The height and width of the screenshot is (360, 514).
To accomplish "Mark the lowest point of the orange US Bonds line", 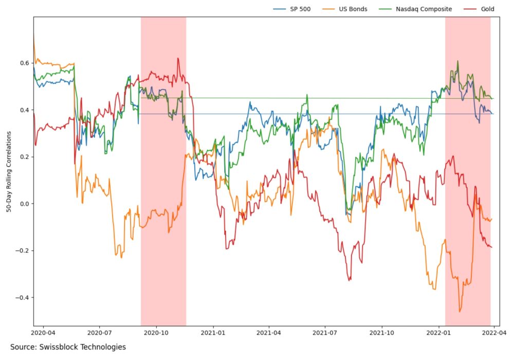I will [460, 312].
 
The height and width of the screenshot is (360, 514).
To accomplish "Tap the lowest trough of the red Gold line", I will [350, 280].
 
